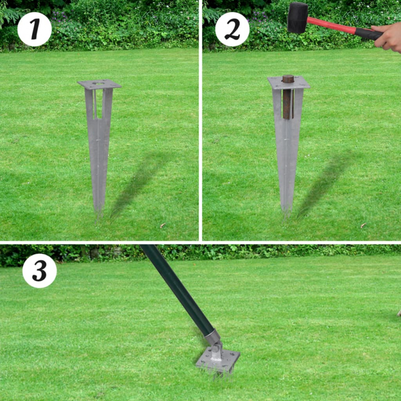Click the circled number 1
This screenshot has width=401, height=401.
(34, 30)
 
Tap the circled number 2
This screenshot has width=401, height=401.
(232, 30)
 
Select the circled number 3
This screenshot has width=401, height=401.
(39, 271)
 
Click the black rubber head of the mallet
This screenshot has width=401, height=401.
(297, 17)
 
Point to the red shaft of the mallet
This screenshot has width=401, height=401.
(331, 26)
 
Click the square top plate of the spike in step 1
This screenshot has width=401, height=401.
(99, 84)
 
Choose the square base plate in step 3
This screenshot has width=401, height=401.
(218, 360)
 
